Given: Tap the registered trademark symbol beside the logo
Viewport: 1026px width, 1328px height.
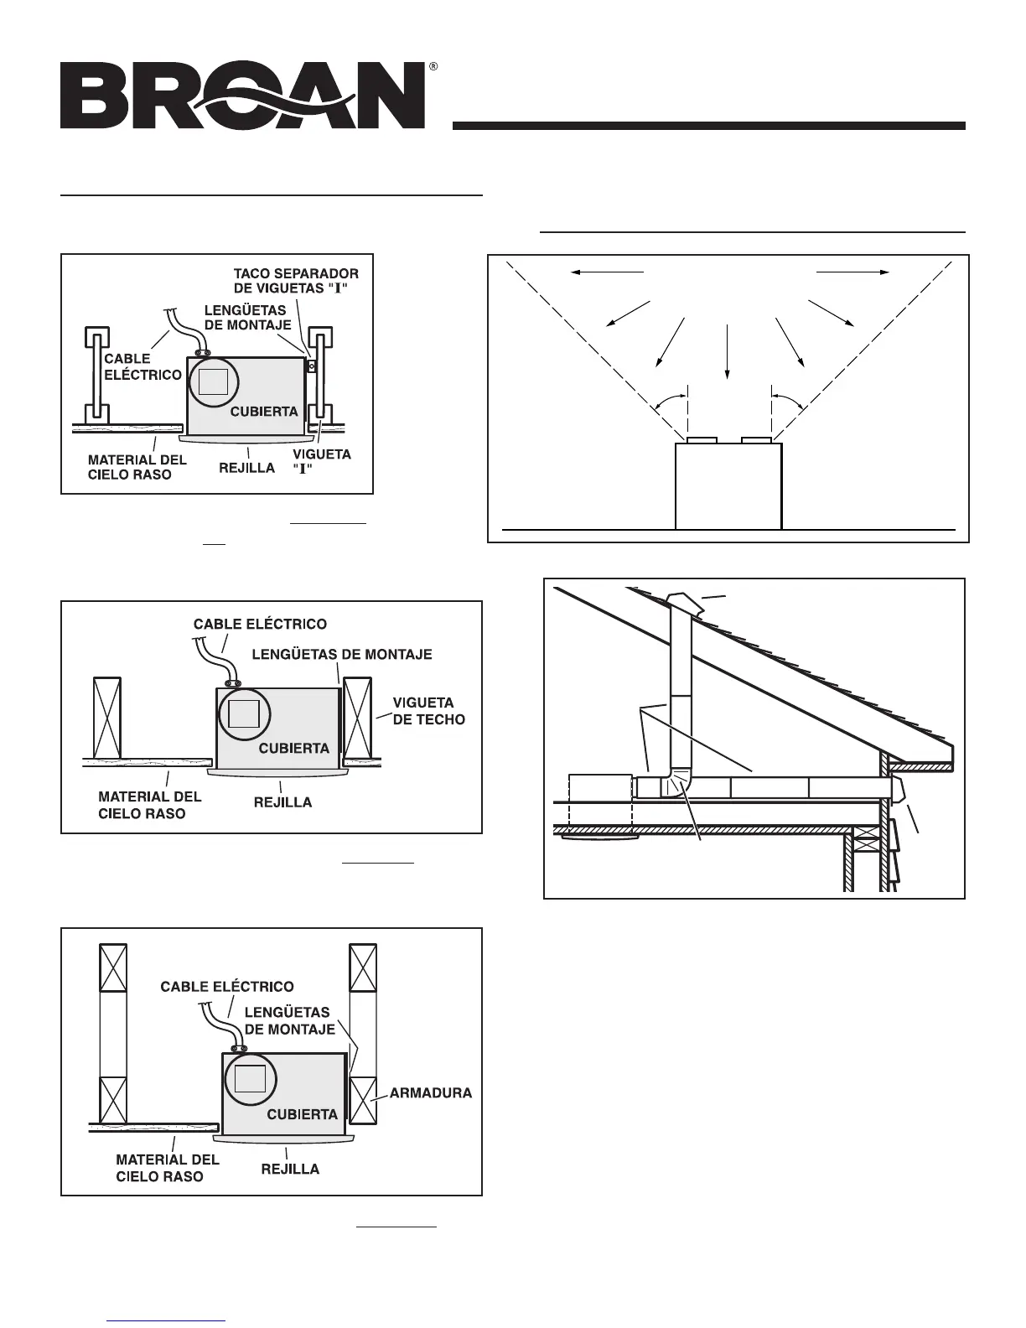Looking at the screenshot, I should pyautogui.click(x=433, y=65).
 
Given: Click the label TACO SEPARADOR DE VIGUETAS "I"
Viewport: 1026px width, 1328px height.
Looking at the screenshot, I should pyautogui.click(x=296, y=281).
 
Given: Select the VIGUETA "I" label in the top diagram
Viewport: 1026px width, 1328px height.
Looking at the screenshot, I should pyautogui.click(x=321, y=461).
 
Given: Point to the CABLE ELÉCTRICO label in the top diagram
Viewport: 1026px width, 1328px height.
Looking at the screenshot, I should pyautogui.click(x=142, y=366).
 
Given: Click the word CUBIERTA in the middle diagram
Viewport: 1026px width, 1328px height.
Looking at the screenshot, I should pyautogui.click(x=293, y=748).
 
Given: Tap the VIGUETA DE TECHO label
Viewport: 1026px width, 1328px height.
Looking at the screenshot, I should pyautogui.click(x=428, y=711).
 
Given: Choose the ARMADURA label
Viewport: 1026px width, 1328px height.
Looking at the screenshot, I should pyautogui.click(x=430, y=1092).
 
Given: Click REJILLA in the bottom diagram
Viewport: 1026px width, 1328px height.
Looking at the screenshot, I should pyautogui.click(x=290, y=1168).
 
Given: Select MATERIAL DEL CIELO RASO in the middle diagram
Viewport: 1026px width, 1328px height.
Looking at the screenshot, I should pyautogui.click(x=150, y=805).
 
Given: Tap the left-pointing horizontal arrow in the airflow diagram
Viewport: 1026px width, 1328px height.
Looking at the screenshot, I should pyautogui.click(x=606, y=272).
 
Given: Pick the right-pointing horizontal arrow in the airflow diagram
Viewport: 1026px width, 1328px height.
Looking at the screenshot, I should pyautogui.click(x=852, y=272).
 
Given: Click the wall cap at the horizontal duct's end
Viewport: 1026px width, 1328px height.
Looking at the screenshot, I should pyautogui.click(x=898, y=789).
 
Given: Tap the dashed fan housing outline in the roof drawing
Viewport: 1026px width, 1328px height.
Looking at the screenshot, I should pyautogui.click(x=600, y=803).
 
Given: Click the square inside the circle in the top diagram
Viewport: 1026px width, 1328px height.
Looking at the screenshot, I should pyautogui.click(x=213, y=381).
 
